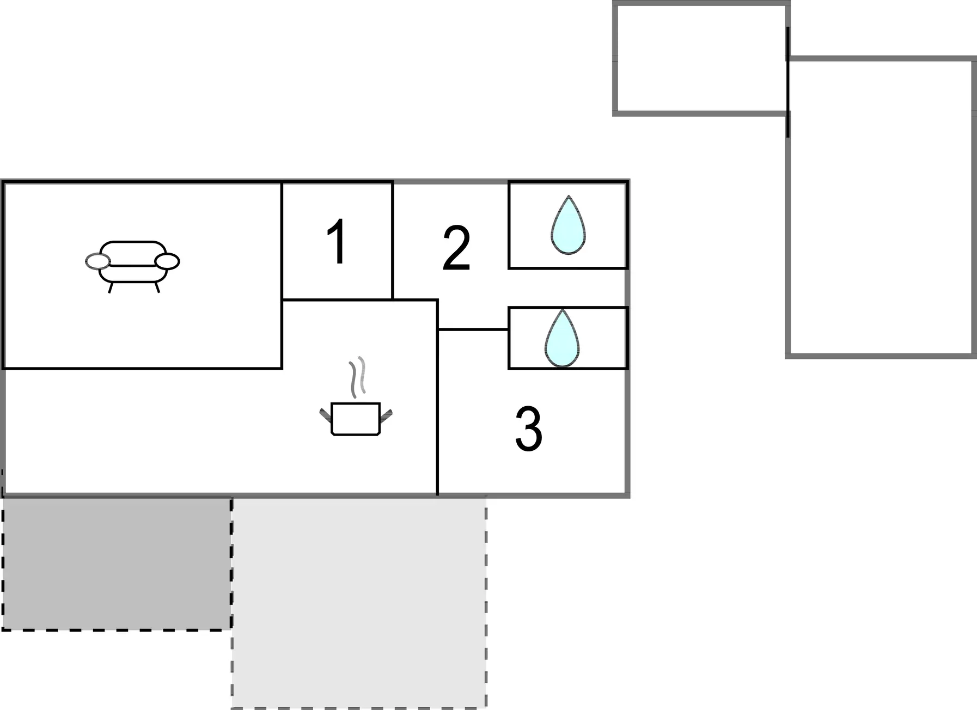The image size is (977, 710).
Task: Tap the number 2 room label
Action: tap(456, 248)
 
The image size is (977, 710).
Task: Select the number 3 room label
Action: tap(528, 429)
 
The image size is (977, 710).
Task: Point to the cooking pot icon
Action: tap(356, 419)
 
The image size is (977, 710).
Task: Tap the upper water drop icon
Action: tap(568, 225)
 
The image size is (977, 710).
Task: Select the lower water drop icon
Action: tap(562, 338)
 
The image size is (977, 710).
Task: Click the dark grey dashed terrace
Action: tap(117, 564)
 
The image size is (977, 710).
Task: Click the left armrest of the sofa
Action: tap(98, 261)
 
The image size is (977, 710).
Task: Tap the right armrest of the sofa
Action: tap(167, 261)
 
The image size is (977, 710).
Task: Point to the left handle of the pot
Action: tap(325, 416)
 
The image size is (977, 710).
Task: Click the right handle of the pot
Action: tap(386, 416)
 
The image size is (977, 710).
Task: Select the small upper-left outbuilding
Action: tap(701, 59)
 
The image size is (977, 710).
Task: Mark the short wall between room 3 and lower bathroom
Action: tap(473, 329)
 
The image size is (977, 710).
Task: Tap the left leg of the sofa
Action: tap(111, 287)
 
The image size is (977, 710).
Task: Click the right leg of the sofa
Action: tap(157, 287)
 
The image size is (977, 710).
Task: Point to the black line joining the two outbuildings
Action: tap(788, 82)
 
